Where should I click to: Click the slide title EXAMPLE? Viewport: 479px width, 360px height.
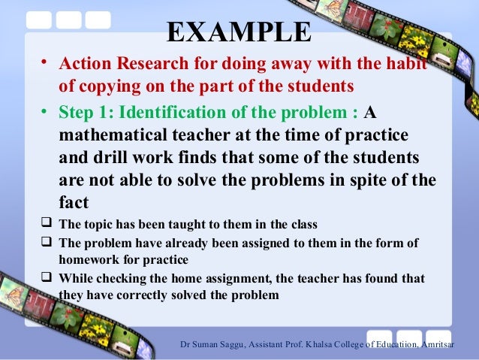coord(238,32)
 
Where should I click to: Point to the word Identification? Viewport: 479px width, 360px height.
coord(175,113)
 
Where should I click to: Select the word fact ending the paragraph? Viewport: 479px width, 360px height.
coord(74,203)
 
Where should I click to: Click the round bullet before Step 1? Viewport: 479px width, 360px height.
coord(46,113)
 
